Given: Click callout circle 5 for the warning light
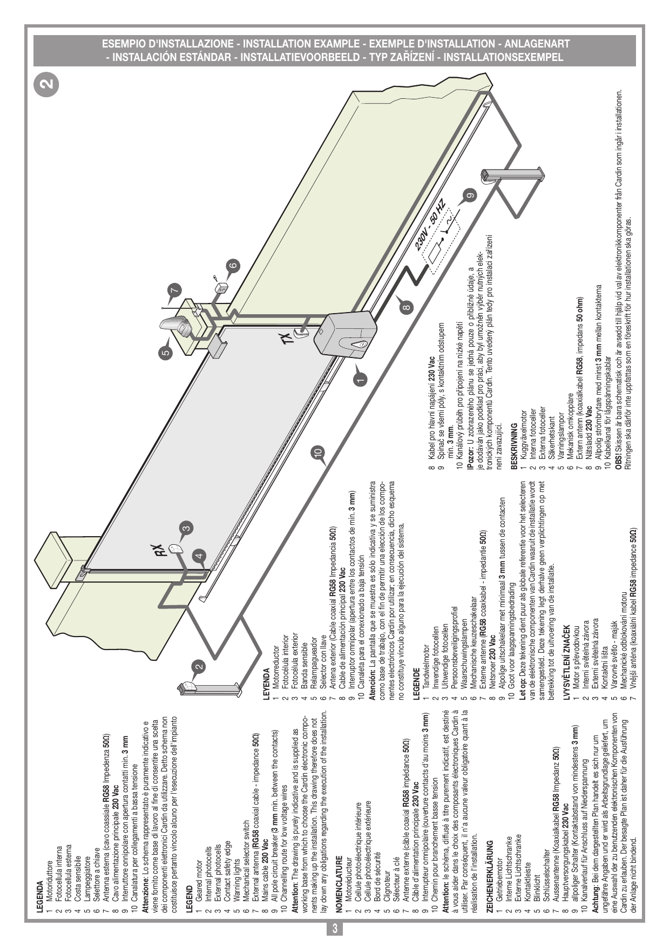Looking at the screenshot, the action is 166,354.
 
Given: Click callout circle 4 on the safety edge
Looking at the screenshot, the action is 199,556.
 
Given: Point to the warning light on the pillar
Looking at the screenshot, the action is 176,325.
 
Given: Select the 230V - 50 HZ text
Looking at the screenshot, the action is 431,224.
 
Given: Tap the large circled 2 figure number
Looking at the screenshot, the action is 48,83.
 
